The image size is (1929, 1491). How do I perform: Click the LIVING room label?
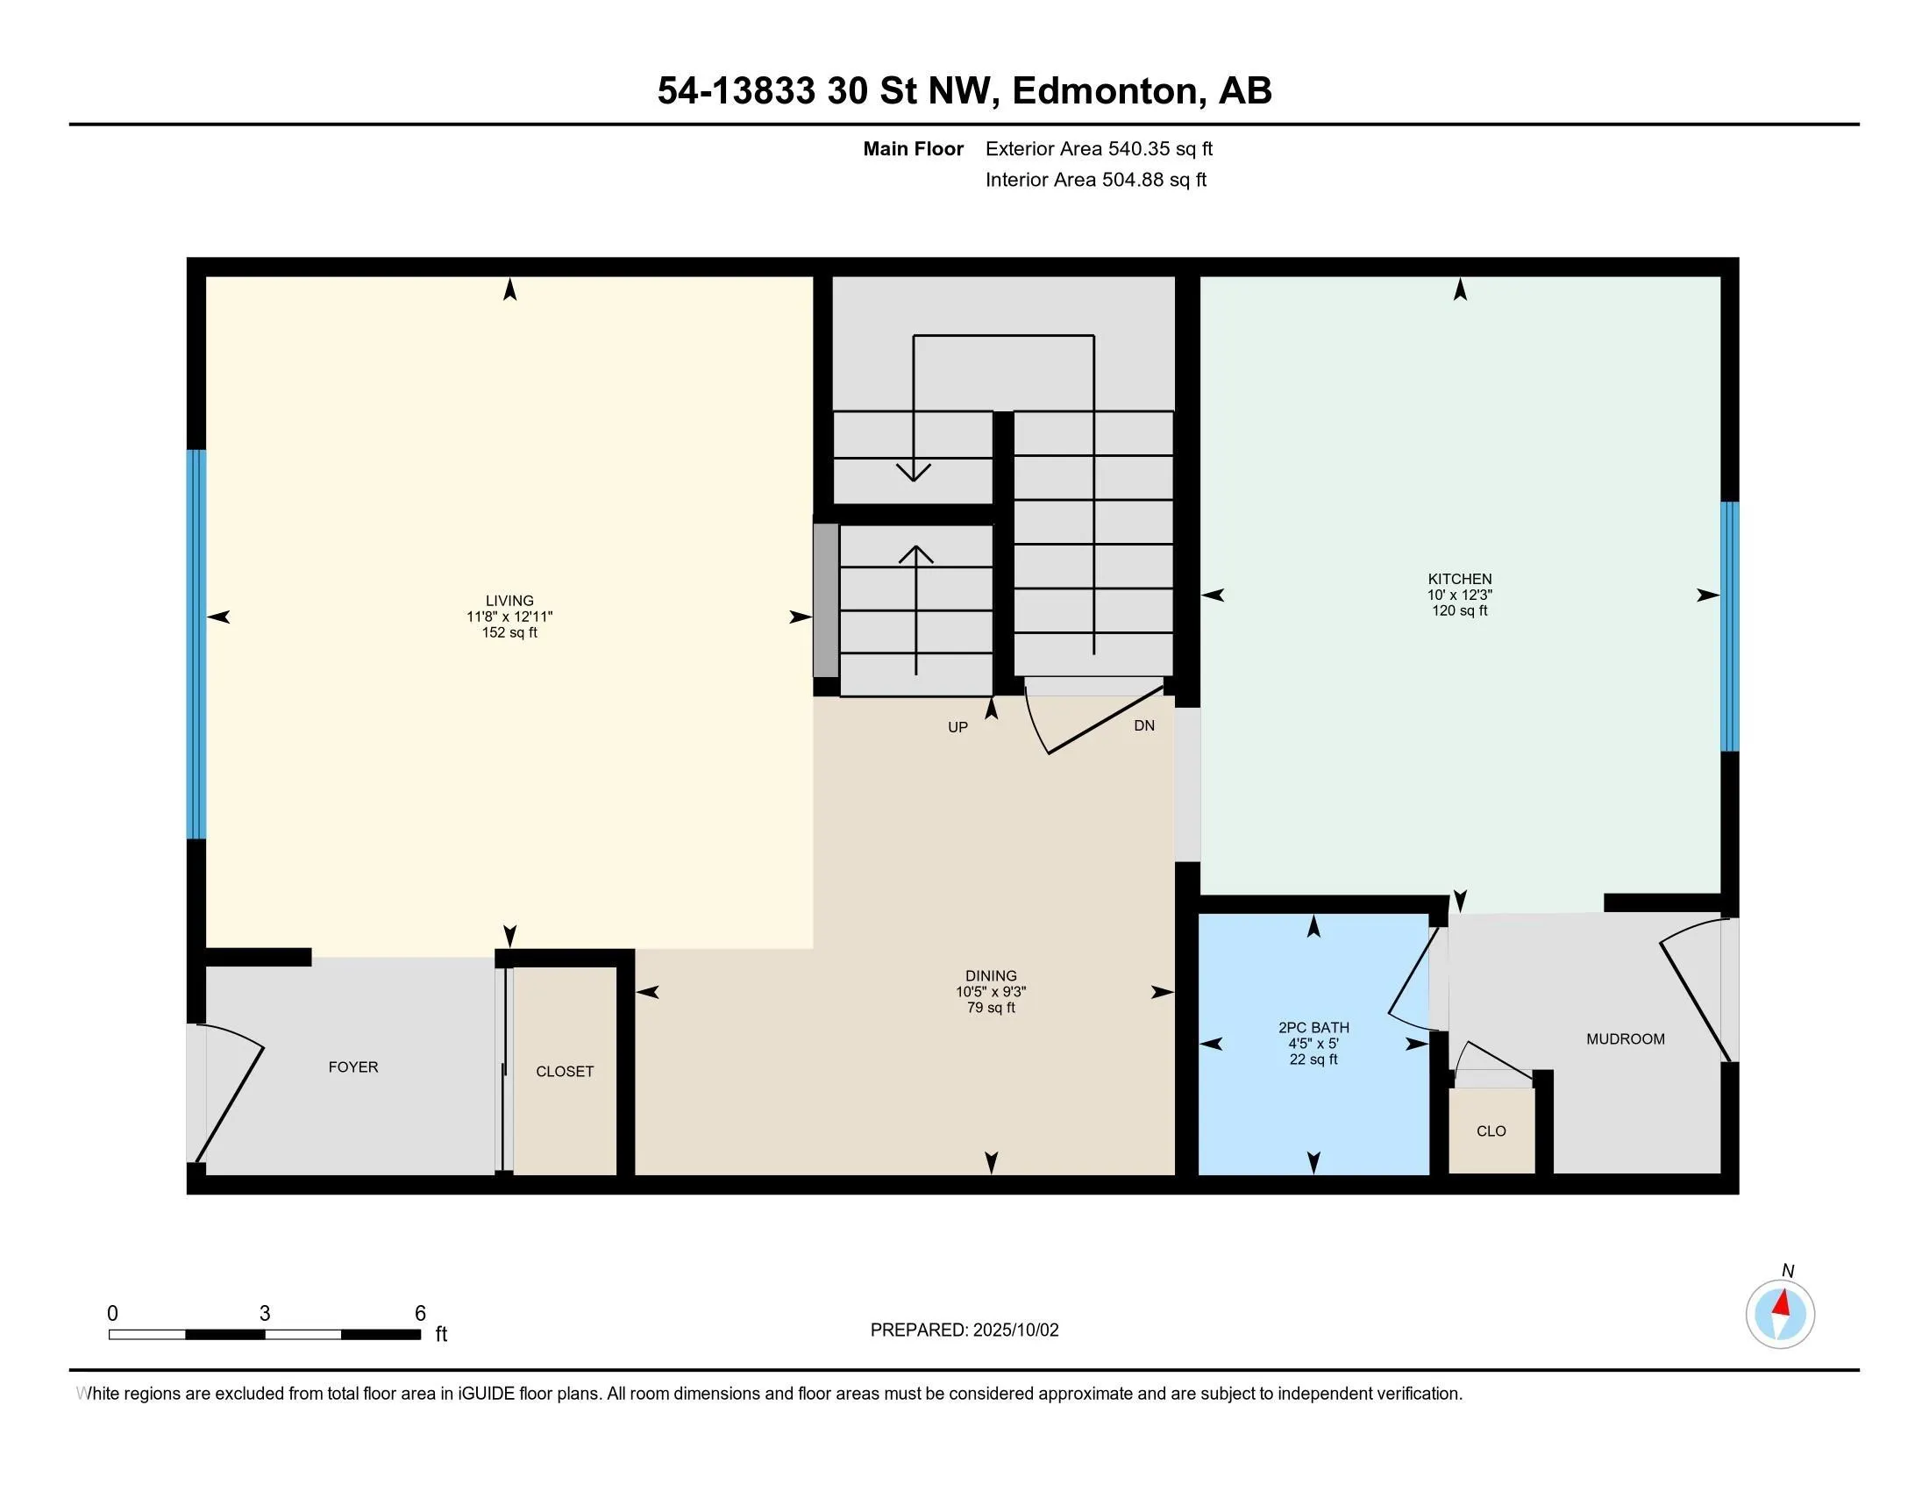point(509,601)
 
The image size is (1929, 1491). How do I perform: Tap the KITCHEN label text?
point(1459,580)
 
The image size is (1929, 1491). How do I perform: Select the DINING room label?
point(991,976)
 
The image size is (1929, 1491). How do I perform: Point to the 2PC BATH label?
point(1313,1027)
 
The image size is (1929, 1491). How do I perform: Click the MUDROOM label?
point(1625,1038)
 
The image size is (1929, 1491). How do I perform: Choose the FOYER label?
point(353,1067)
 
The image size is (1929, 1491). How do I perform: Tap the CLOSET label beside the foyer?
point(565,1072)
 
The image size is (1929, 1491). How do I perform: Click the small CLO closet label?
point(1491,1131)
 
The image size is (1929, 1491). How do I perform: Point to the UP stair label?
point(957,728)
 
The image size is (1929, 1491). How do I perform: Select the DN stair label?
point(1143,726)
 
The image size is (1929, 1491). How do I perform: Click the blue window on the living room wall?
point(196,644)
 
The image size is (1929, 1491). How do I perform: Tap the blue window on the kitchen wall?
point(1729,626)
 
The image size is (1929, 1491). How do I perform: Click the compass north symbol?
point(1781,1314)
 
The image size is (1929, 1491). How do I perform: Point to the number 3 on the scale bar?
point(264,1314)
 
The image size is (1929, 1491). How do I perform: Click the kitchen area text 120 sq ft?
point(1459,610)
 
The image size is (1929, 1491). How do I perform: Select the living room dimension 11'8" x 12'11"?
point(509,617)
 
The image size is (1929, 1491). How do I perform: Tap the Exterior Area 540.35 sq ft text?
point(1099,148)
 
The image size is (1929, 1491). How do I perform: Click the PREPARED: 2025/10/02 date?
point(964,1330)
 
